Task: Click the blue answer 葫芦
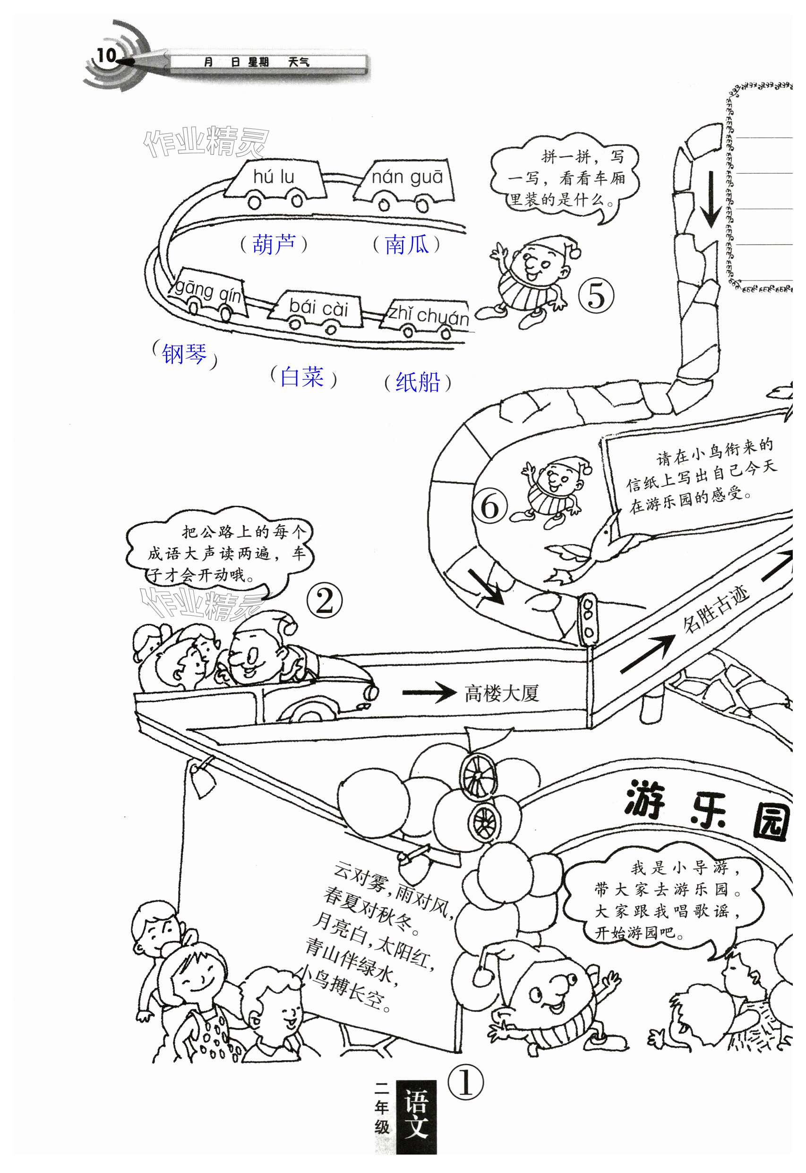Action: click(x=274, y=245)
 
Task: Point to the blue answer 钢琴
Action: click(x=184, y=353)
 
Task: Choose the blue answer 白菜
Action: click(x=302, y=377)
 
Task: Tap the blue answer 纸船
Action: click(x=418, y=382)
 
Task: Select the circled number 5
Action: click(x=596, y=296)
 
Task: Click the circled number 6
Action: click(x=489, y=506)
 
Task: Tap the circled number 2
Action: click(x=325, y=601)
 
